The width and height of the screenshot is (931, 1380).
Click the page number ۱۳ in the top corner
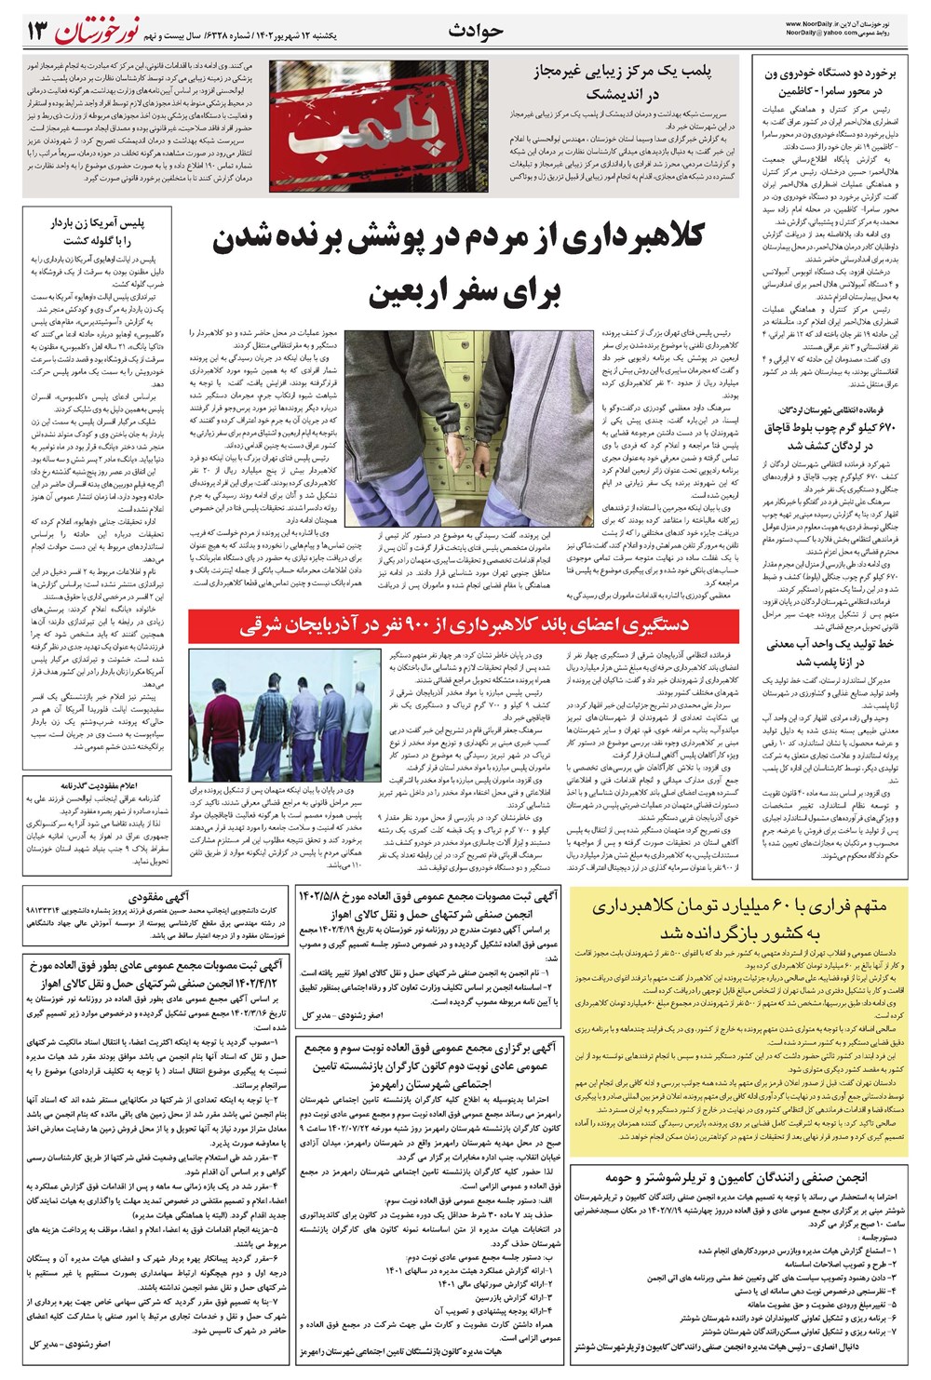pyautogui.click(x=34, y=32)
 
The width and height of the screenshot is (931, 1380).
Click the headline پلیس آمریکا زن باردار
pyautogui.click(x=98, y=233)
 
